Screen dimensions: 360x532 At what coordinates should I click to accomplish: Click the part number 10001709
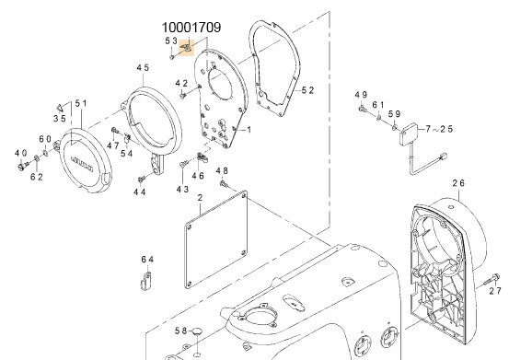click(191, 29)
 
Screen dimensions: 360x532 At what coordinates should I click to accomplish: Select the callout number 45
click(143, 68)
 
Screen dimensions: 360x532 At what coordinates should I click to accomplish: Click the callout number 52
click(308, 90)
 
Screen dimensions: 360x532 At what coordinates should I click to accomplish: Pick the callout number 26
click(459, 183)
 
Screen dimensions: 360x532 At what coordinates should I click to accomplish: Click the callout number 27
click(495, 291)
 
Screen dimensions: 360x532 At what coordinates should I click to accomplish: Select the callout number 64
click(148, 259)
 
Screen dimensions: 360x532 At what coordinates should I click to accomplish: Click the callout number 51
click(80, 103)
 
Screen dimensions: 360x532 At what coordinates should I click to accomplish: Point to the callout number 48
click(222, 171)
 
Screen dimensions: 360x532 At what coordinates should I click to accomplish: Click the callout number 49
click(361, 96)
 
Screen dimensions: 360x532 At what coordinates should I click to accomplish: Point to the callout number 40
click(19, 152)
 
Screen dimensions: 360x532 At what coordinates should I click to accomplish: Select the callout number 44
click(140, 192)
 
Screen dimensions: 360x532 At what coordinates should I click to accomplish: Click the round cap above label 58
click(195, 331)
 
